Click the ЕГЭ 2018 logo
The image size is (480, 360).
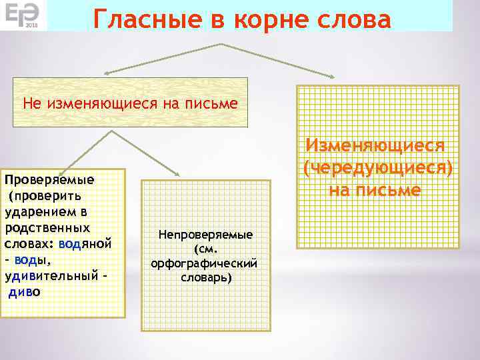tap(23, 15)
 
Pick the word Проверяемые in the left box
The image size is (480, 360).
tap(49, 180)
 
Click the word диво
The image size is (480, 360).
tap(25, 292)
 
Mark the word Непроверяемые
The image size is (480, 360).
tap(205, 235)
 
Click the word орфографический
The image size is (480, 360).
tap(205, 263)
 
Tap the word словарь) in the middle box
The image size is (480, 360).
tap(206, 277)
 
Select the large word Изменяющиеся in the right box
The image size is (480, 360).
tap(375, 146)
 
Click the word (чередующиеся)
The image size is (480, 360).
tap(378, 168)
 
